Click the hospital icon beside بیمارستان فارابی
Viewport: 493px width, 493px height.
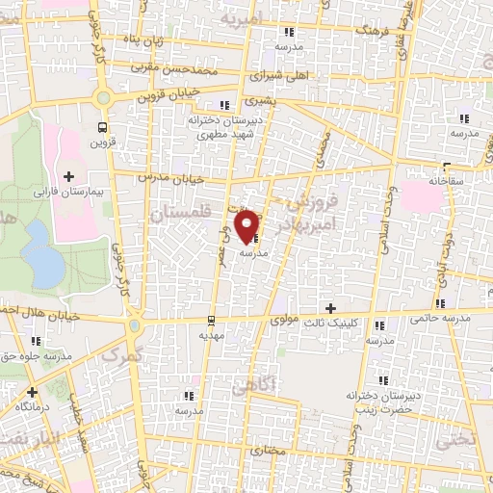coord(69,176)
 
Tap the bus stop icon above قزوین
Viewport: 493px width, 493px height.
coord(103,127)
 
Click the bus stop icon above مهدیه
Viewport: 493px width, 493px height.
coord(211,319)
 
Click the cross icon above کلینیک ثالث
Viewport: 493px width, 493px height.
coord(332,309)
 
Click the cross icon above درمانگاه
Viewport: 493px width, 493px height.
coord(34,392)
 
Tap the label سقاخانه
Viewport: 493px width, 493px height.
coord(448,180)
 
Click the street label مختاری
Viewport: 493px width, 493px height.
coord(270,450)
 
